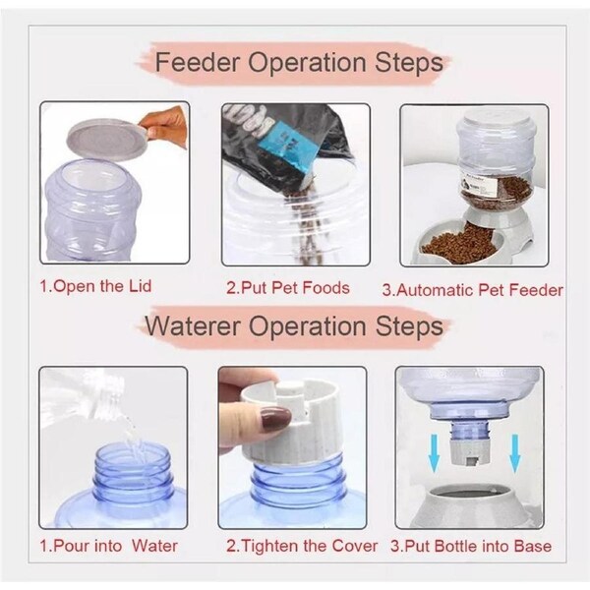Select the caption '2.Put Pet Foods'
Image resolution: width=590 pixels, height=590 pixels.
tap(288, 289)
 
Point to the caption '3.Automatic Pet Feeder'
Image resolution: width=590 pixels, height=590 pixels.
tap(472, 290)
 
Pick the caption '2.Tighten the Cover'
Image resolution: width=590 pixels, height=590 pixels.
tap(302, 545)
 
